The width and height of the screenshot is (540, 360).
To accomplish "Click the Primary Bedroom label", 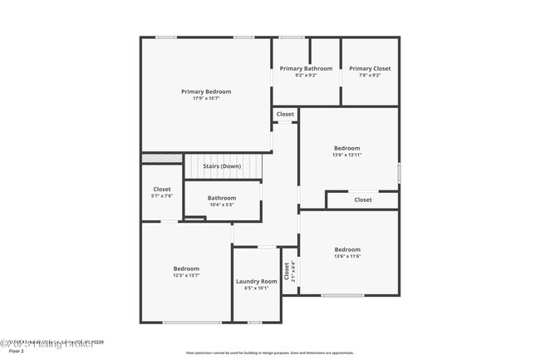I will pyautogui.click(x=206, y=91).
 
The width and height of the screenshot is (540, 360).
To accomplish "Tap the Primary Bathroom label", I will pyautogui.click(x=306, y=68).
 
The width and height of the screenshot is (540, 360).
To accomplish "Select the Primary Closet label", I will pyautogui.click(x=370, y=68).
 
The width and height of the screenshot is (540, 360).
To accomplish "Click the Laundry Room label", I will pyautogui.click(x=256, y=282).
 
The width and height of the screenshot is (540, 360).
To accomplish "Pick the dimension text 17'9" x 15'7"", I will pyautogui.click(x=206, y=99).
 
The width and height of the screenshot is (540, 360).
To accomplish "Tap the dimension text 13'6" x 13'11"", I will pyautogui.click(x=346, y=155).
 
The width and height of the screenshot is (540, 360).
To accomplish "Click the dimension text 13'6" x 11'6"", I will pyautogui.click(x=347, y=257).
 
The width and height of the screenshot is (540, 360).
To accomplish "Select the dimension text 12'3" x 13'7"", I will pyautogui.click(x=186, y=275).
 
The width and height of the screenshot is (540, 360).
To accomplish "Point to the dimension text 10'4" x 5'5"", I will pyautogui.click(x=222, y=205).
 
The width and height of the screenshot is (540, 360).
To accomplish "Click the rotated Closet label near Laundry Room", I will pyautogui.click(x=287, y=271).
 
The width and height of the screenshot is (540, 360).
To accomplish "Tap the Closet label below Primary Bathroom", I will pyautogui.click(x=285, y=114).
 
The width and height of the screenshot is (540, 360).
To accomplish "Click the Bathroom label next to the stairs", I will pyautogui.click(x=222, y=198).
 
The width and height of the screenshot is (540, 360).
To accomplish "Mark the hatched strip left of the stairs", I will pyautogui.click(x=162, y=158).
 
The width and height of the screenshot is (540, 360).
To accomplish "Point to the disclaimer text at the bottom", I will pyautogui.click(x=270, y=353).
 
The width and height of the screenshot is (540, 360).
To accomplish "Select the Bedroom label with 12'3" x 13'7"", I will pyautogui.click(x=186, y=269).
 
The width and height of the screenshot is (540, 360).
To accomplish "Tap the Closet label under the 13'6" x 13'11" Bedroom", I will pyautogui.click(x=363, y=200).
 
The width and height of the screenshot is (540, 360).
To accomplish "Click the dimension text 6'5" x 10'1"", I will pyautogui.click(x=256, y=288).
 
